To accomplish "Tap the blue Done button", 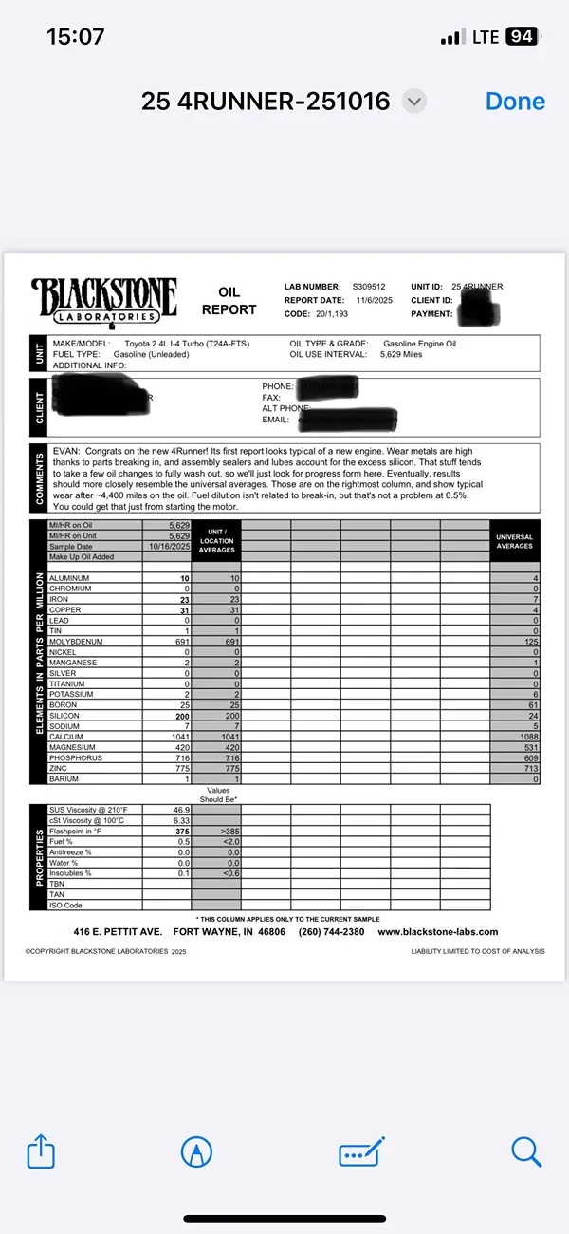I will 515,102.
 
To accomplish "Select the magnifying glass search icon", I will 525,1151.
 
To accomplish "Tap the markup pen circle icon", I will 196,1152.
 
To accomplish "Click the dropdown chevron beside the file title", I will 414,102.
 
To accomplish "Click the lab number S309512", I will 369,287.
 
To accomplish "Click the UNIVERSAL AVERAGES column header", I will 515,541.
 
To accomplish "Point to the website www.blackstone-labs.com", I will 437,932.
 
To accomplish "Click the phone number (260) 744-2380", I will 331,932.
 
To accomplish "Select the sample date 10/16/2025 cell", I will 170,547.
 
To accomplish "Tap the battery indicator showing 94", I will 521,37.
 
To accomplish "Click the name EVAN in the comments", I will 66,452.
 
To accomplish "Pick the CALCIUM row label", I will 66,737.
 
